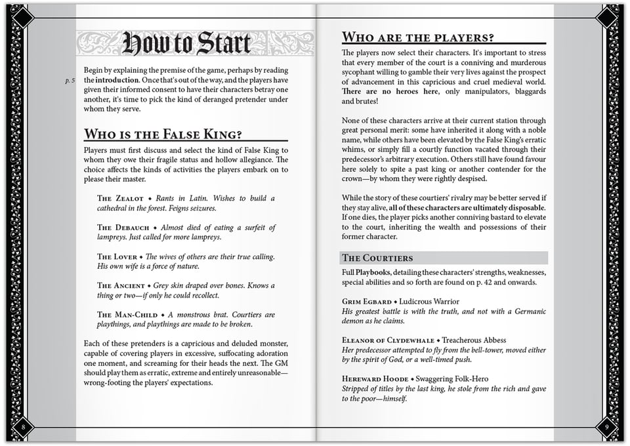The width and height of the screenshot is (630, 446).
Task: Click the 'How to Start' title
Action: click(186, 43)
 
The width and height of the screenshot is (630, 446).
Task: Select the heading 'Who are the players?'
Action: click(417, 37)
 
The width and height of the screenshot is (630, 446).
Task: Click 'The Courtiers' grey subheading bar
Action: click(444, 258)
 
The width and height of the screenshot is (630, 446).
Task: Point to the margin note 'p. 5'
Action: click(70, 80)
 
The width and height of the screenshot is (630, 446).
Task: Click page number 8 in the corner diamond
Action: click(24, 428)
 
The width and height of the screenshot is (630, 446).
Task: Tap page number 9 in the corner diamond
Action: click(606, 428)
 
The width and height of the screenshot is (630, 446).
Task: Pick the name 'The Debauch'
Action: click(123, 228)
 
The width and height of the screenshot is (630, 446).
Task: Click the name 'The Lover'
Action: click(117, 256)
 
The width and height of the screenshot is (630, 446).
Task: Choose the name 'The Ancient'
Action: click(121, 286)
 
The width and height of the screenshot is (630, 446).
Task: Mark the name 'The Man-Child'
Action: click(127, 315)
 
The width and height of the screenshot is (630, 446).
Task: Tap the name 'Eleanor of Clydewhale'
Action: click(388, 340)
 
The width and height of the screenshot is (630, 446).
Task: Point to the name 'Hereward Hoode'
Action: click(375, 379)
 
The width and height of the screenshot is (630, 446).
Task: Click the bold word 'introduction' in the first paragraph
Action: click(116, 80)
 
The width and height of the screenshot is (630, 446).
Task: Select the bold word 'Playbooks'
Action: click(373, 272)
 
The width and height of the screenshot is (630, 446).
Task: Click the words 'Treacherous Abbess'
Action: click(474, 340)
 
